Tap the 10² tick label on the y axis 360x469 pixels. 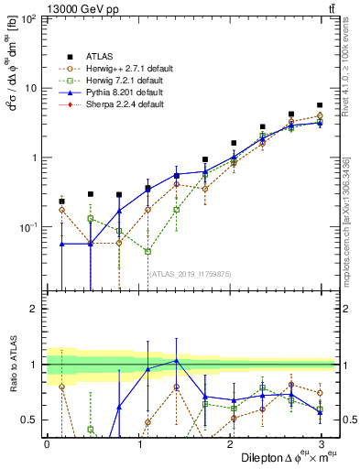[x=28, y=19]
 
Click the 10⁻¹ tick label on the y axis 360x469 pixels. [x=28, y=226]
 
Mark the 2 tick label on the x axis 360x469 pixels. [x=230, y=442]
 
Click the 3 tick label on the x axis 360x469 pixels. [x=322, y=442]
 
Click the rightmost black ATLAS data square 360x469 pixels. [x=320, y=105]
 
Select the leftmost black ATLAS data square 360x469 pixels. [x=61, y=202]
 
